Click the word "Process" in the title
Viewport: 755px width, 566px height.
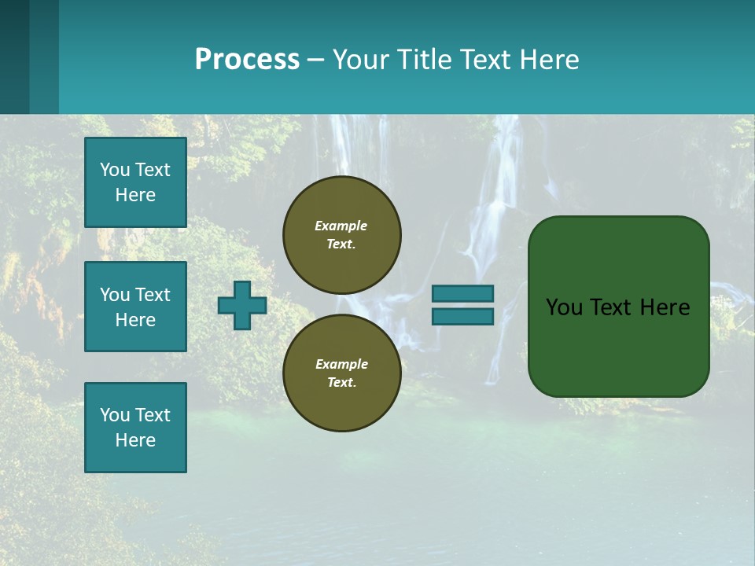point(247,60)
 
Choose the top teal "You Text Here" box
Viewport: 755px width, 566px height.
point(135,182)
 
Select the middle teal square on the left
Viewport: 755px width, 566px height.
point(135,307)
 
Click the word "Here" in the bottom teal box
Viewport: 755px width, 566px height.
point(135,440)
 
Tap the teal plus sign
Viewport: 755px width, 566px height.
point(242,305)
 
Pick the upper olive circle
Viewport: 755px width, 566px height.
point(341,235)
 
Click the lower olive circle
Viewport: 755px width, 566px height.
point(341,373)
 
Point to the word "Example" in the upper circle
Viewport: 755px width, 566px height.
point(341,226)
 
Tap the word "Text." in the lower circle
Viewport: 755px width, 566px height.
point(341,383)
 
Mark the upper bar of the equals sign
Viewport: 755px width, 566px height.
point(462,293)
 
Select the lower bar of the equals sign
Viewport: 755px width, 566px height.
point(462,317)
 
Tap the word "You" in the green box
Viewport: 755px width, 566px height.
point(565,307)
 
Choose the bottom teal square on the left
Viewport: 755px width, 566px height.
point(135,427)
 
